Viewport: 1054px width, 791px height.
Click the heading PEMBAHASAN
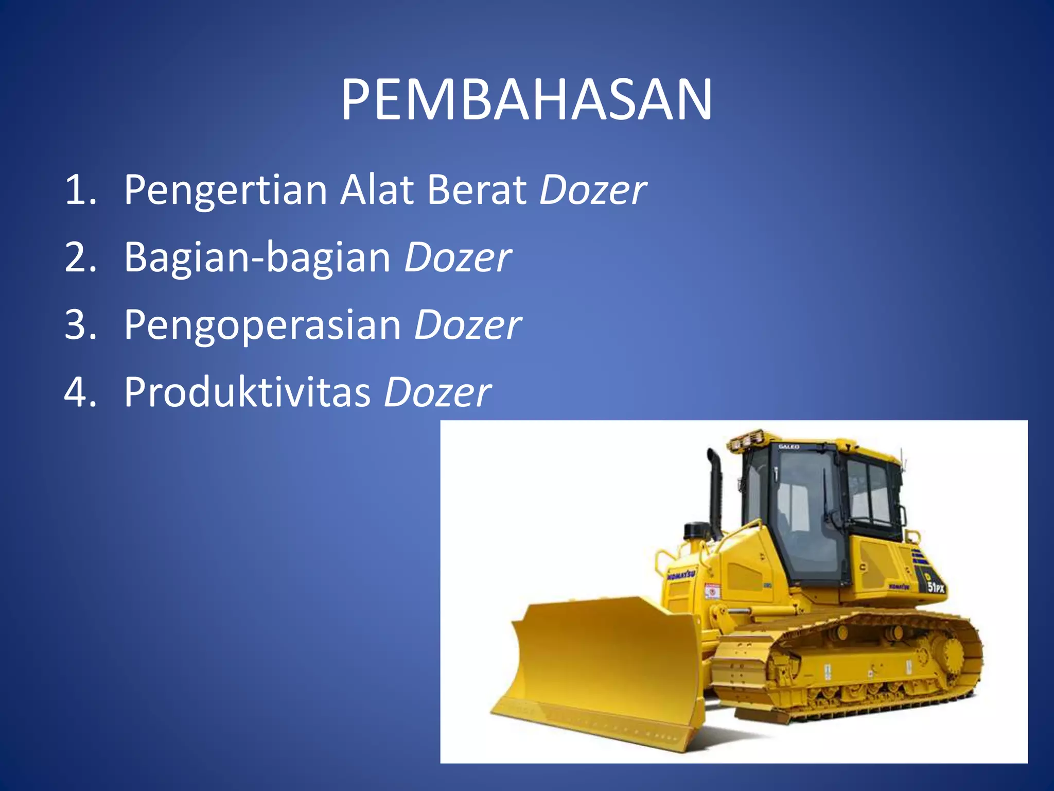[526, 100]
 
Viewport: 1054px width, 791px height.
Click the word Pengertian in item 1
[225, 191]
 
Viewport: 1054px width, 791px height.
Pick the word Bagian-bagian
[257, 257]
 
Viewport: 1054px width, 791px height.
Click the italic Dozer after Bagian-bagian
[457, 257]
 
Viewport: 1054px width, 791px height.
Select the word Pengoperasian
[262, 325]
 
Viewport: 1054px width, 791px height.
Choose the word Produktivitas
[247, 392]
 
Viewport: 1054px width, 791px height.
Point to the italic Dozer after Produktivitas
[437, 392]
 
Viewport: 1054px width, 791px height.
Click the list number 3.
[80, 325]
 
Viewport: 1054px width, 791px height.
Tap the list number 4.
[80, 392]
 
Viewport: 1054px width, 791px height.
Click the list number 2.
[80, 257]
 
